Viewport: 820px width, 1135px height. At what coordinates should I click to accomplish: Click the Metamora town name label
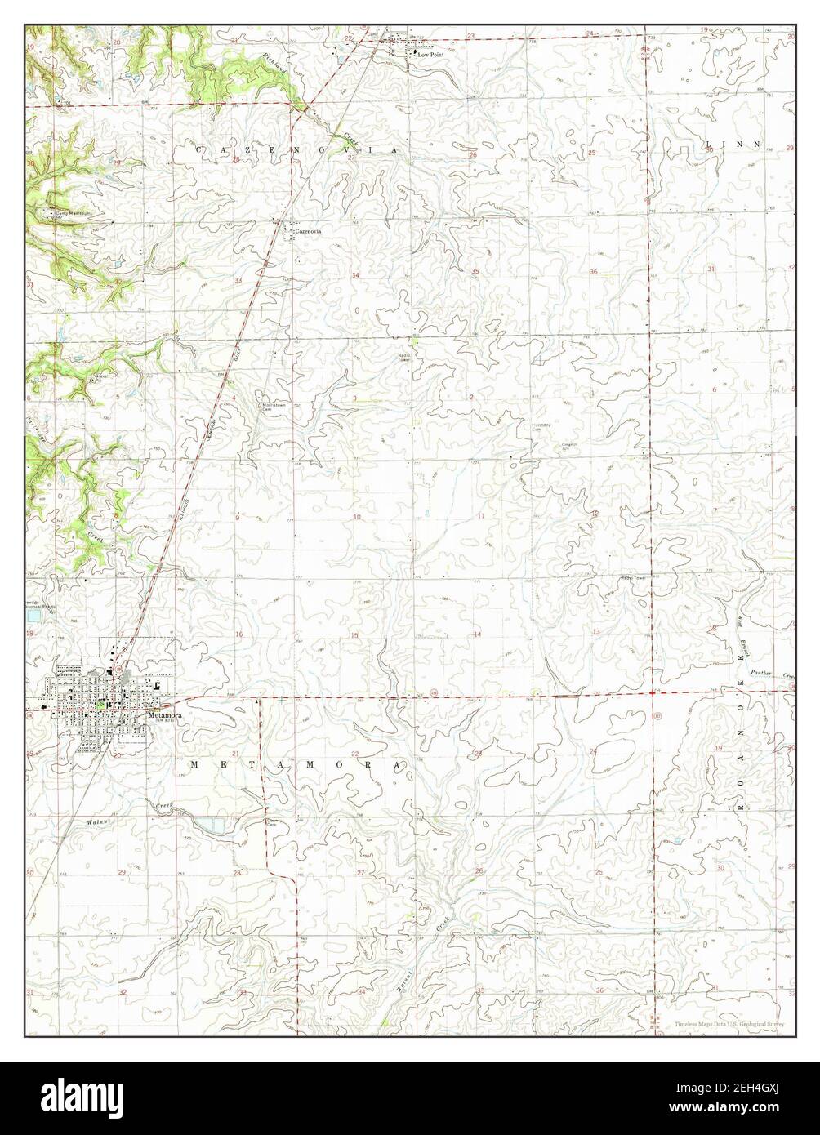pyautogui.click(x=164, y=714)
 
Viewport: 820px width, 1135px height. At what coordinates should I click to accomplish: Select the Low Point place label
pyautogui.click(x=430, y=55)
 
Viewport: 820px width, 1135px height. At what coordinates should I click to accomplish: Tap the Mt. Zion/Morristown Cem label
pyautogui.click(x=272, y=407)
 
